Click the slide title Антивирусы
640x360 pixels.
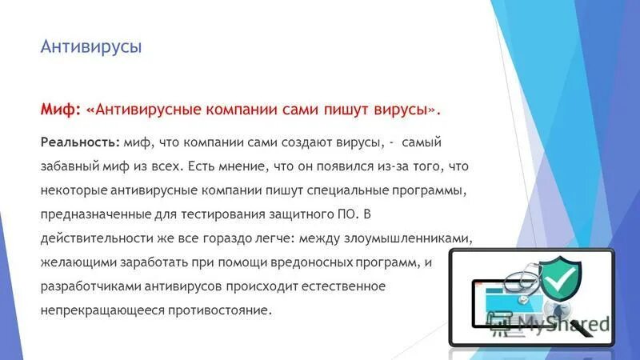coord(91,48)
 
